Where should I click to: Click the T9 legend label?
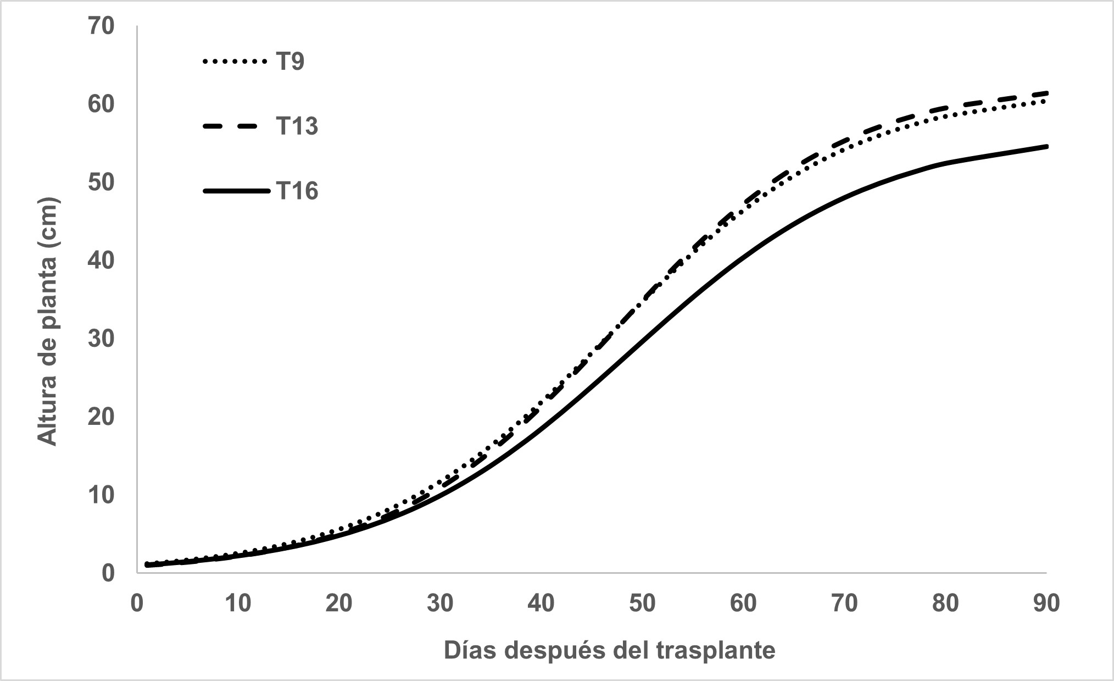tap(289, 62)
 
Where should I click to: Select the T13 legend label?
tap(297, 126)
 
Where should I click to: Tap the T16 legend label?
tap(297, 191)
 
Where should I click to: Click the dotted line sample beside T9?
tap(231, 62)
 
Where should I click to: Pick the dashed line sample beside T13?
tap(231, 126)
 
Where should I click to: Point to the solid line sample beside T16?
tap(236, 191)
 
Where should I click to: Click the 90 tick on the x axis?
tap(1046, 604)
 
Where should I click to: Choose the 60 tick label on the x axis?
tap(743, 604)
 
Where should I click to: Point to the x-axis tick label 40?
tap(541, 604)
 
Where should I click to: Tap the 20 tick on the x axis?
tap(338, 604)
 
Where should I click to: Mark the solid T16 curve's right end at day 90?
tap(1045, 147)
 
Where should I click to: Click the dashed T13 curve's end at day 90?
tap(1045, 93)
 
